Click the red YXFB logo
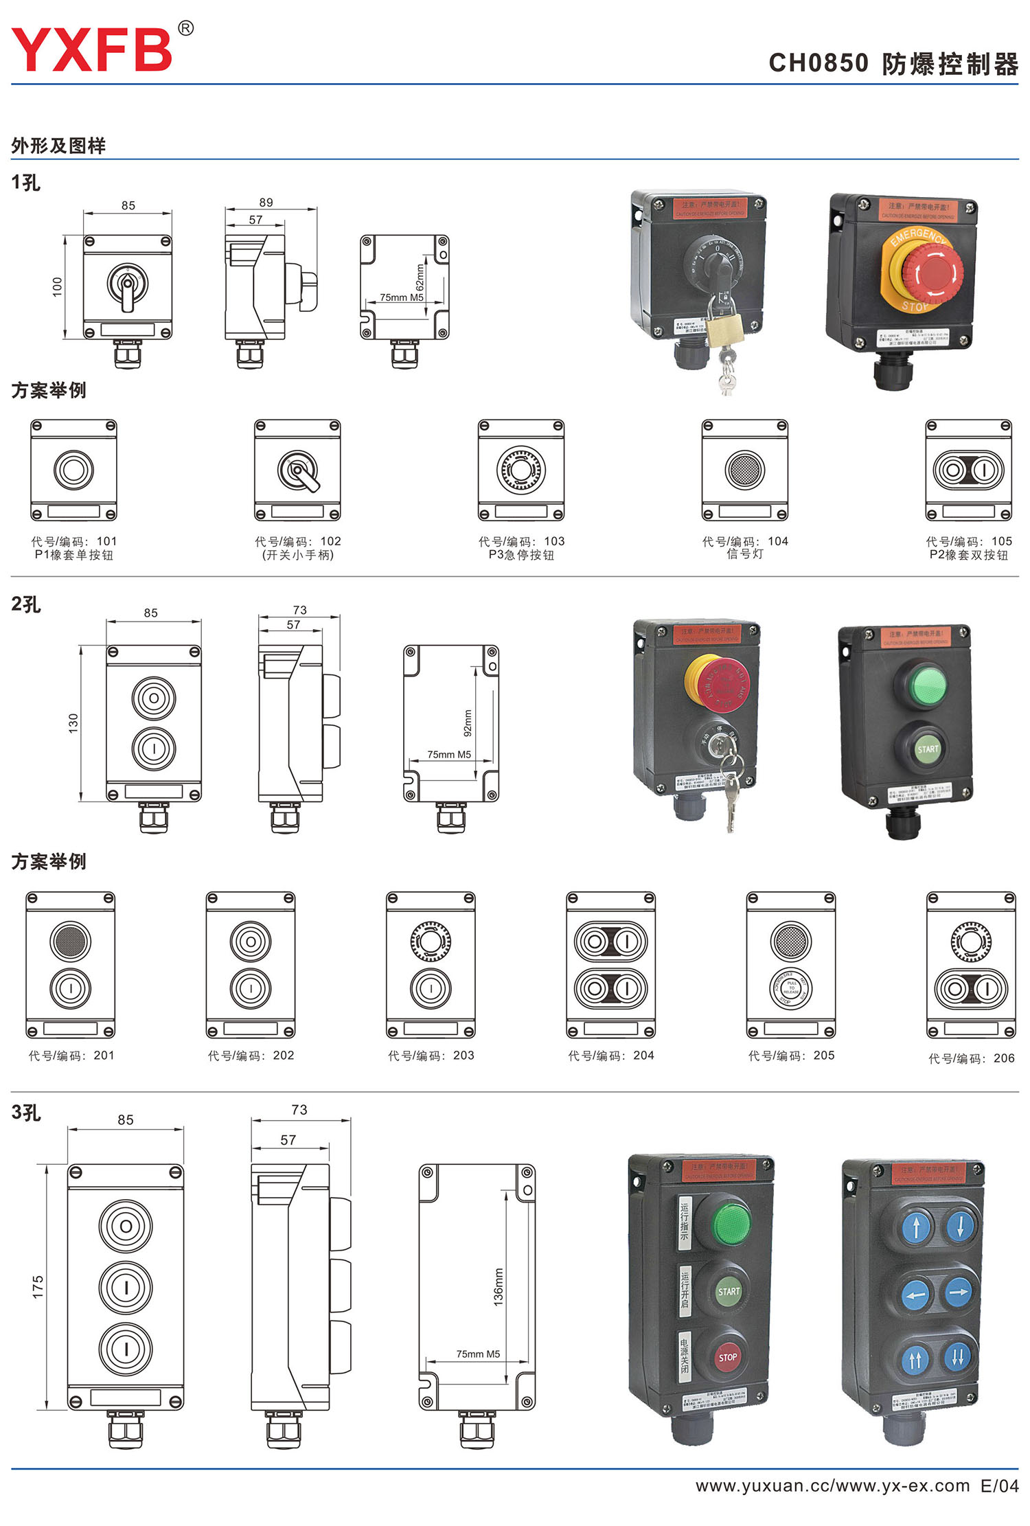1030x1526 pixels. (92, 49)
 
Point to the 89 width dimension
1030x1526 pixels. (266, 203)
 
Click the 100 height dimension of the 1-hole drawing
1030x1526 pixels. (58, 286)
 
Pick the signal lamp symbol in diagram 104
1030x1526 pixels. (744, 470)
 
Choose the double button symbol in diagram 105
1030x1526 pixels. (968, 470)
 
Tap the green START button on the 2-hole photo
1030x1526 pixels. (927, 749)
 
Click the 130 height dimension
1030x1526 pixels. (73, 722)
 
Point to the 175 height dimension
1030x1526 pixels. (38, 1286)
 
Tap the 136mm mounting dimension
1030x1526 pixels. (499, 1286)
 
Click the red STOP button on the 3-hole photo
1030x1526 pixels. (727, 1357)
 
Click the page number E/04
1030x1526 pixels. (999, 1486)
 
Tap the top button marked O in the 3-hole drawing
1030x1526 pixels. (126, 1227)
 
